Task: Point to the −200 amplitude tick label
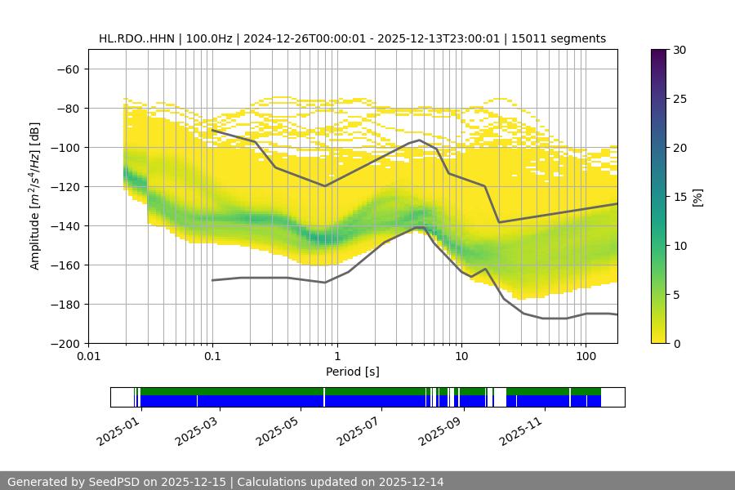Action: tap(65, 343)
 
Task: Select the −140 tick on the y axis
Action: tap(65, 225)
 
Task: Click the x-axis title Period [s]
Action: tap(353, 372)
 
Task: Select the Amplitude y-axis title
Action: tap(34, 196)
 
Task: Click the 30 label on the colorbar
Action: tap(679, 50)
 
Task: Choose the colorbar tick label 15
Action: tap(679, 197)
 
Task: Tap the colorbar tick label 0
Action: tap(676, 343)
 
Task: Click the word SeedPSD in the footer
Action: tap(115, 482)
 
